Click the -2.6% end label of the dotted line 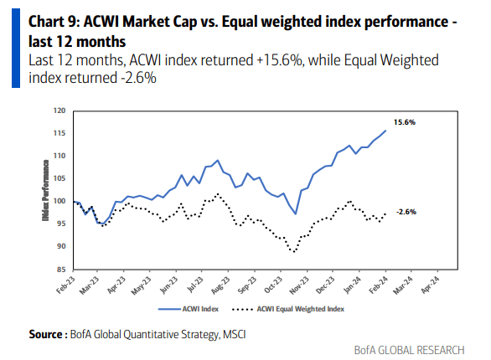pos(407,212)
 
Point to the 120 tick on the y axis pos(59,111)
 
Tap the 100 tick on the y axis pos(59,201)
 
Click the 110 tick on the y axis pos(59,156)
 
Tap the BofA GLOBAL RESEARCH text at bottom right pos(426,350)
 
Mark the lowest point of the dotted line pos(292,251)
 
